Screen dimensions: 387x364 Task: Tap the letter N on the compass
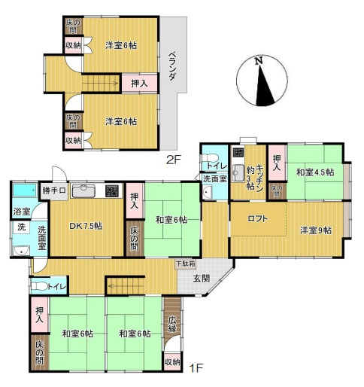tap(258, 60)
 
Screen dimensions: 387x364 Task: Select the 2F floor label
tap(174, 159)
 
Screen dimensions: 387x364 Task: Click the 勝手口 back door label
tap(55, 190)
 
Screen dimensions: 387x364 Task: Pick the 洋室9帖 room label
tap(316, 230)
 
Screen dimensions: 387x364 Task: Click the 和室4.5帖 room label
tap(314, 172)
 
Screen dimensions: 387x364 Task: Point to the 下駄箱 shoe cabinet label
tap(184, 264)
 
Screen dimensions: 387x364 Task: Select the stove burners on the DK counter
tap(111, 190)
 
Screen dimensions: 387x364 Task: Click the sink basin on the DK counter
tap(83, 190)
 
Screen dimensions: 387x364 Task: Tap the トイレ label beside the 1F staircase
tap(56, 286)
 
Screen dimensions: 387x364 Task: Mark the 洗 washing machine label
tap(20, 227)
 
